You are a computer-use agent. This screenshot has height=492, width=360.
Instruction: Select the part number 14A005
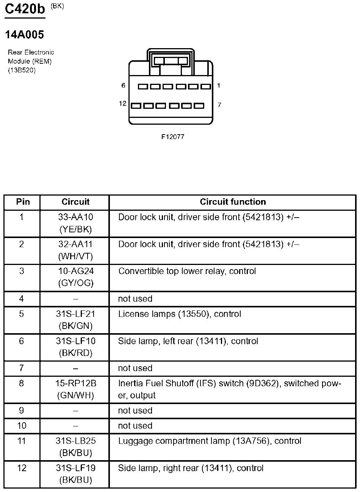tap(24, 35)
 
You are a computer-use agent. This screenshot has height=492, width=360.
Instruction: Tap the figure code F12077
tap(173, 137)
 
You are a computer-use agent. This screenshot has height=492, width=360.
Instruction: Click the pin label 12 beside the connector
tap(122, 103)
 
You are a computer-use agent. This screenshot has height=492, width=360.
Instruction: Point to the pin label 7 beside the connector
tap(219, 105)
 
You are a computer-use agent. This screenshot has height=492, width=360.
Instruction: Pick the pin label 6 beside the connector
tap(123, 86)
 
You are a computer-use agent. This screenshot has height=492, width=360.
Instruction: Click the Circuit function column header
tap(233, 202)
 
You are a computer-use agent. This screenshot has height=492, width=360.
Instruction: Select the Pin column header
tap(22, 202)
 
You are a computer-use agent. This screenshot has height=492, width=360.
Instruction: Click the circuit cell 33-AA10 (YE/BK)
tap(75, 223)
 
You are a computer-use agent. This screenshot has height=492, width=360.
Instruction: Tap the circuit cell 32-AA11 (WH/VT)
tap(75, 250)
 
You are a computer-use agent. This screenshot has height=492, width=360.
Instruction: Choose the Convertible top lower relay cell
tap(187, 271)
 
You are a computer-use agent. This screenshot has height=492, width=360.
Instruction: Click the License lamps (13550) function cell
tap(180, 314)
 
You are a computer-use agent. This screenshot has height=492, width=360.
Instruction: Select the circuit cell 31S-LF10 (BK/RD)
tap(75, 347)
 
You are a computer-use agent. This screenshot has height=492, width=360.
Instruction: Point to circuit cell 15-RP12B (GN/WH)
tap(75, 389)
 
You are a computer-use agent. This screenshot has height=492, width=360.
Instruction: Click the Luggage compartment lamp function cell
tap(210, 441)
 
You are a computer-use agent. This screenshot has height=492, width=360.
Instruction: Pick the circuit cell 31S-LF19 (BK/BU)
tap(75, 474)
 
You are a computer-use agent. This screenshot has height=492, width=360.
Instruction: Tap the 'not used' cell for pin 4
tap(135, 299)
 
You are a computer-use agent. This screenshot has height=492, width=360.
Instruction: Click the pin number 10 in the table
tap(22, 426)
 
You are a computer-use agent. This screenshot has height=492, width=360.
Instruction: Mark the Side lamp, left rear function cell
tap(188, 341)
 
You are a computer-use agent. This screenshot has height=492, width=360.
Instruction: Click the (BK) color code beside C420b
tap(57, 6)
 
